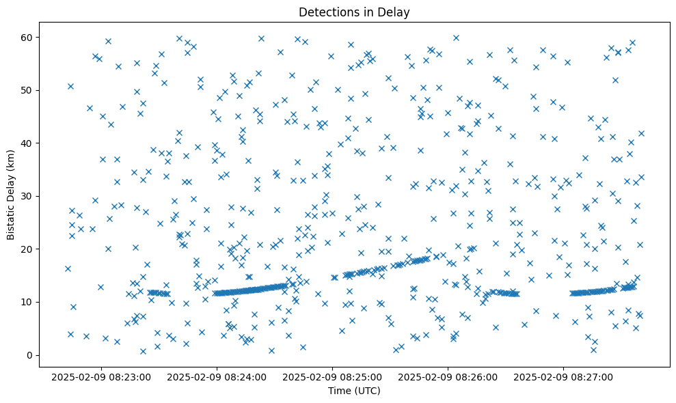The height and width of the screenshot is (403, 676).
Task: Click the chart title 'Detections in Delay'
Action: click(354, 12)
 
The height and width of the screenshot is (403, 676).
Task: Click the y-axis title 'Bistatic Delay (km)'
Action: click(12, 195)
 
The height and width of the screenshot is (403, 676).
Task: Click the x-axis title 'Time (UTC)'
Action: click(354, 391)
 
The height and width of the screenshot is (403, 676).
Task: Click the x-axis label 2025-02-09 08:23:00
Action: click(102, 376)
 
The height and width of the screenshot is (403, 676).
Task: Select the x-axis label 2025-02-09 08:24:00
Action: click(217, 376)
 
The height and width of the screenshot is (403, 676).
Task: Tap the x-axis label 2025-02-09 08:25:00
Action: click(333, 376)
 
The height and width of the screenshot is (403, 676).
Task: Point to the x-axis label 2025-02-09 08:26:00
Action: click(448, 376)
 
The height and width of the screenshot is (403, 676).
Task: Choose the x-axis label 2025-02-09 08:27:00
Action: click(564, 376)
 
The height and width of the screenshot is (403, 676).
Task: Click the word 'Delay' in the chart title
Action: click(395, 12)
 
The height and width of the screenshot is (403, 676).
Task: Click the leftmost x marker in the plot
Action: click(68, 268)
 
